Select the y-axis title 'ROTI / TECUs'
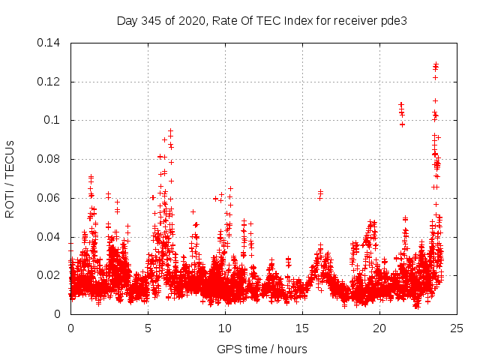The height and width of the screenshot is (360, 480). pos(10,178)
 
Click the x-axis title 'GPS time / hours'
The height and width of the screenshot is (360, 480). pos(262,349)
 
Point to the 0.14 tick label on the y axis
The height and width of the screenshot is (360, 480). pos(49,43)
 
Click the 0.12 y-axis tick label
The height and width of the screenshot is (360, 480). pos(49,82)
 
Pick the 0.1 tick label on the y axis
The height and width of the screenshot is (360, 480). pos(53,120)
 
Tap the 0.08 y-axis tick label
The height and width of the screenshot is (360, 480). pos(49,159)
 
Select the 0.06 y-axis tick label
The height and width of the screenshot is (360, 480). pos(49,198)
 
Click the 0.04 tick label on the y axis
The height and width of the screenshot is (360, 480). pos(49,237)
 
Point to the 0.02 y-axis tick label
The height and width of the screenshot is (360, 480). pos(49,275)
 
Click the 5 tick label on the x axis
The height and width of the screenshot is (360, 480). pos(148,328)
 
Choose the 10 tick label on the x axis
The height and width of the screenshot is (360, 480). pos(225,328)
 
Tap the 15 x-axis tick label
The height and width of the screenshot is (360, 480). pos(302,328)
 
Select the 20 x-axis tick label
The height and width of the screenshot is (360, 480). pos(379,328)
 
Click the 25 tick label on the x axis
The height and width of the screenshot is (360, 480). pos(457,328)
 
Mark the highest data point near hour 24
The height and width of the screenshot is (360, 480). pos(436,64)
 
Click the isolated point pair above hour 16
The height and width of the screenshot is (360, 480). pos(320,194)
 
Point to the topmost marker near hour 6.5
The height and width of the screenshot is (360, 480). pos(170,131)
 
